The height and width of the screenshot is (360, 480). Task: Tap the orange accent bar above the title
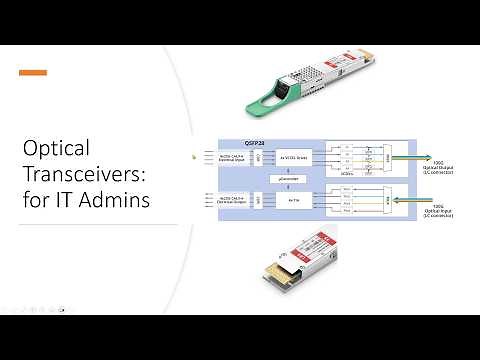tap(33, 72)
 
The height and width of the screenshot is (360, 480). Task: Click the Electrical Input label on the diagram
tap(232, 157)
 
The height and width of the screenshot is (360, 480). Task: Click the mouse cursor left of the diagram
tap(194, 156)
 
